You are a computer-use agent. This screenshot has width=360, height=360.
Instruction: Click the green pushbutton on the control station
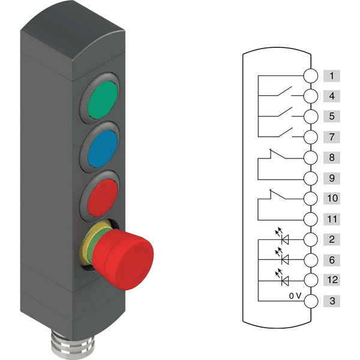(x=103, y=100)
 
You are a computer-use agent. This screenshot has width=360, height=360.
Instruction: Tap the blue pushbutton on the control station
(x=103, y=149)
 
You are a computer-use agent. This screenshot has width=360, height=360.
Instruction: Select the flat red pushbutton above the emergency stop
(x=103, y=198)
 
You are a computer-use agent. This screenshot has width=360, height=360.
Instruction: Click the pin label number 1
(x=332, y=76)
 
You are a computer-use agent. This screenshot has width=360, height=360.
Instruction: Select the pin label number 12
(x=332, y=280)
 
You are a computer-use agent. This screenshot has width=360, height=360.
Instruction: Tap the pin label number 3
(x=332, y=301)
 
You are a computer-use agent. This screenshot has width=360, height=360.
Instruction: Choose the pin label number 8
(x=332, y=157)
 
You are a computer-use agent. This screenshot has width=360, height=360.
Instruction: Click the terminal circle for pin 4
(x=311, y=96)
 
